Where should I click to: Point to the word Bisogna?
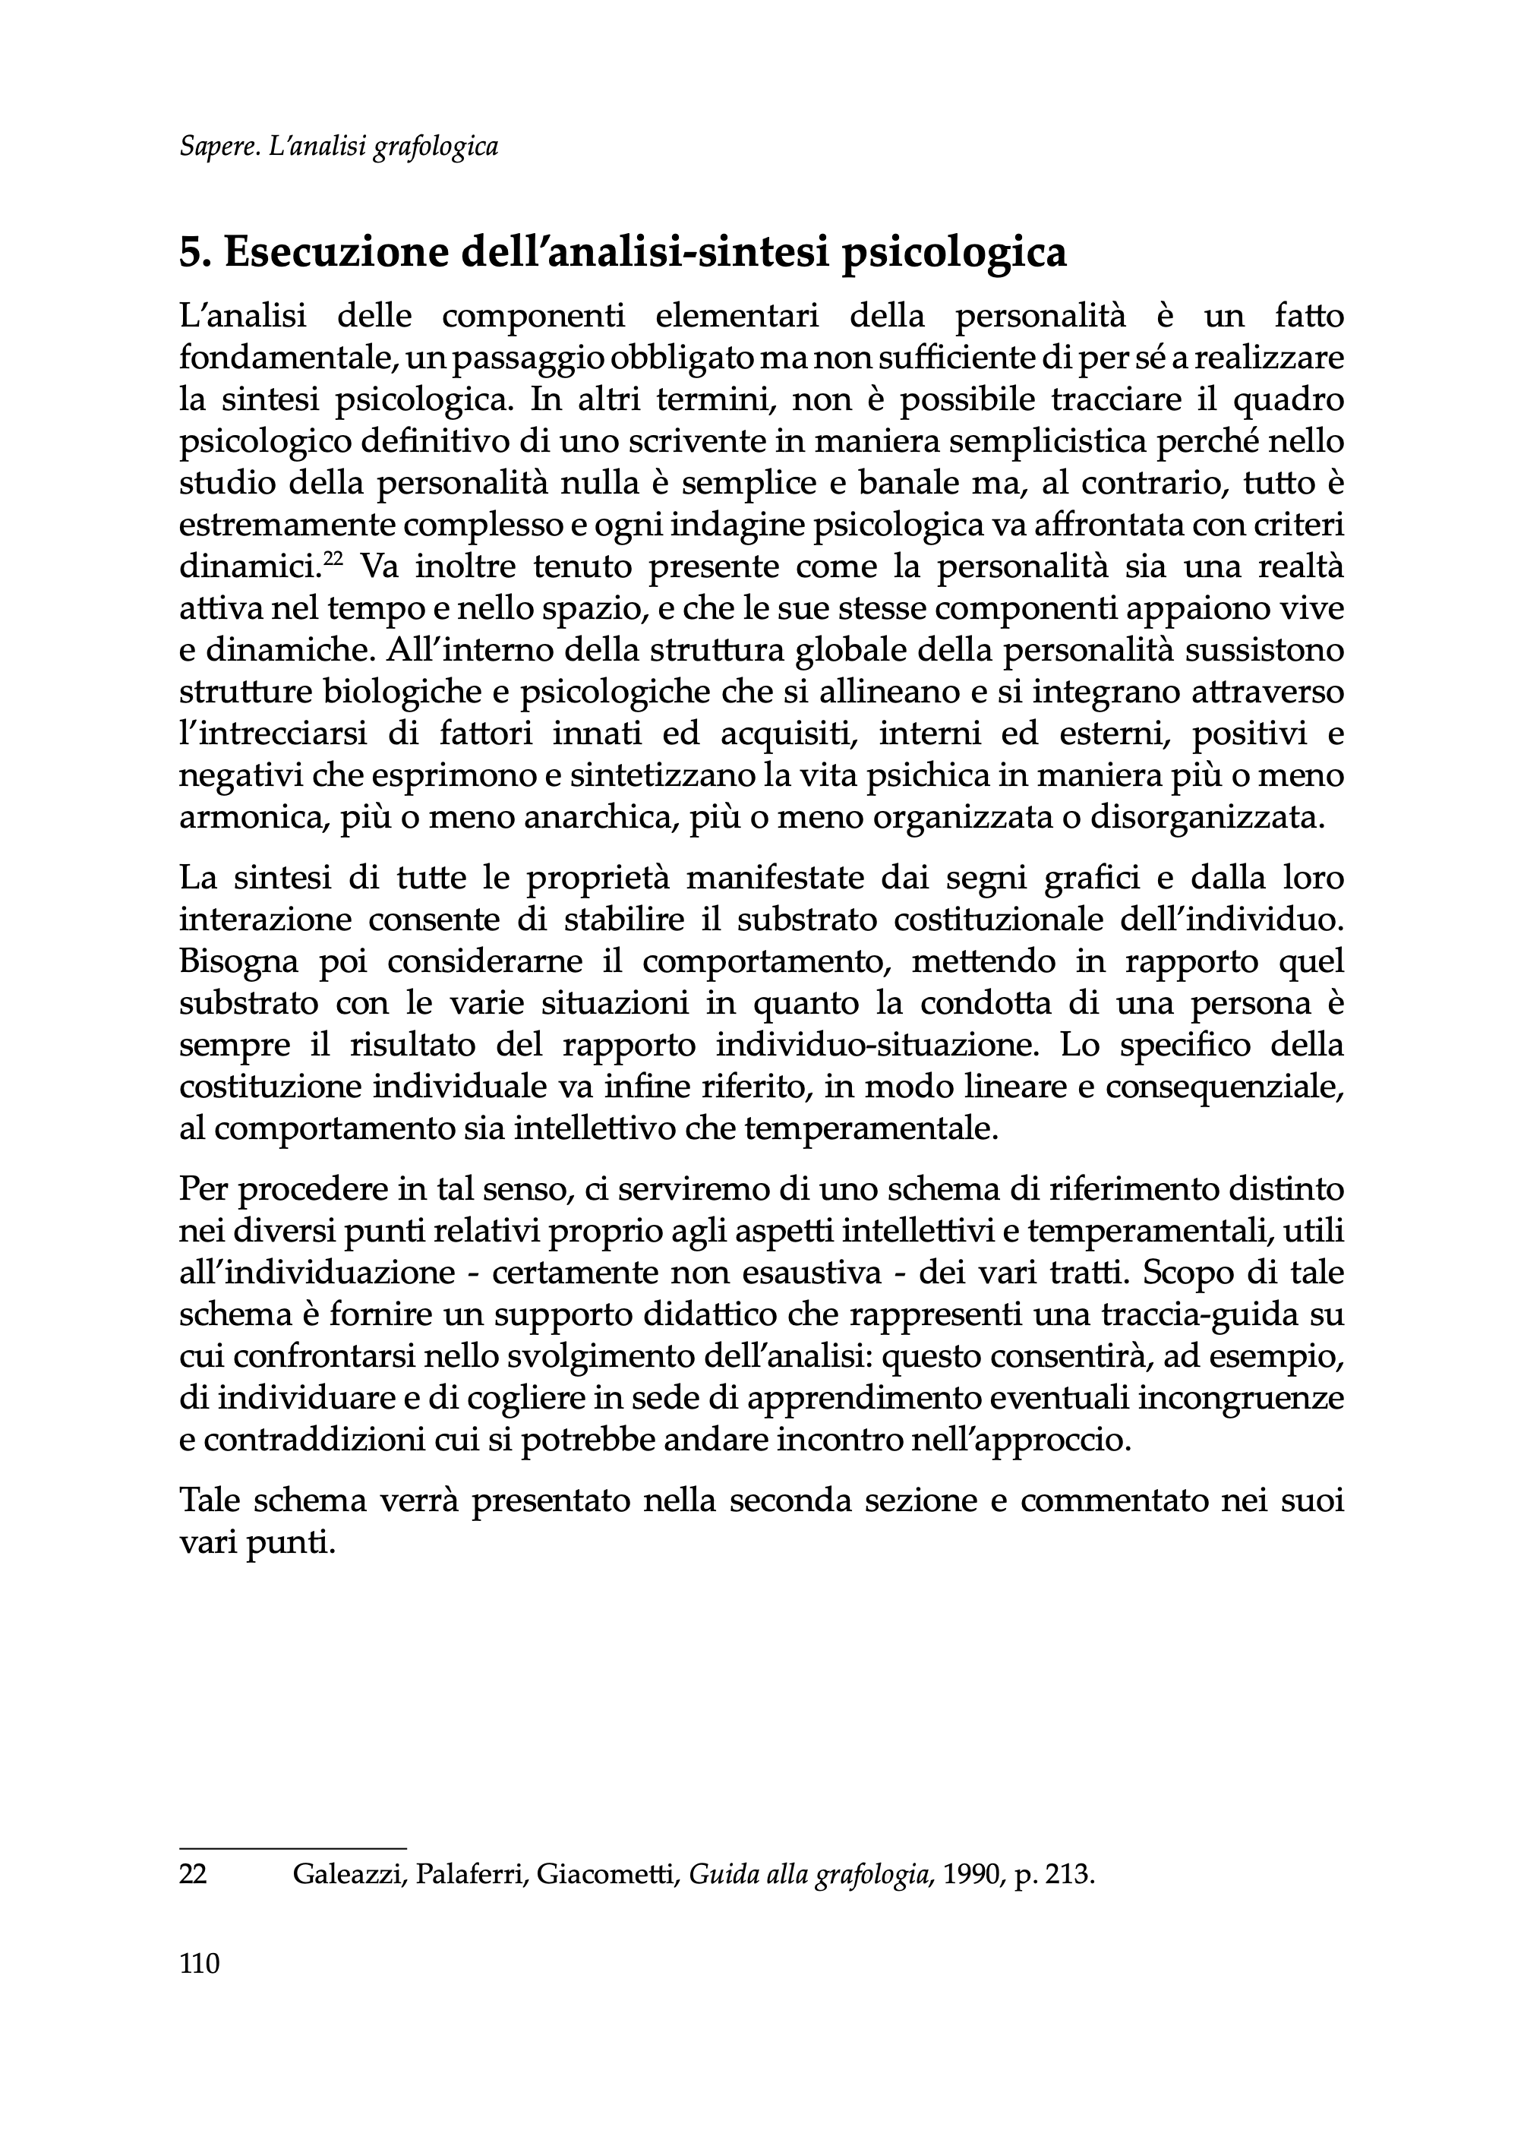(x=238, y=962)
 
